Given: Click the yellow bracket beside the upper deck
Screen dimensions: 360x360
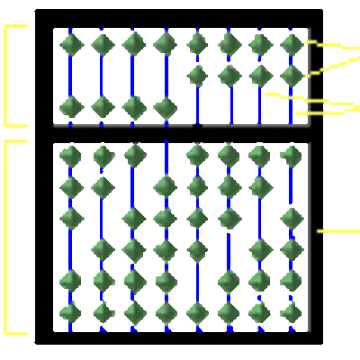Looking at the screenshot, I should pyautogui.click(x=6, y=76).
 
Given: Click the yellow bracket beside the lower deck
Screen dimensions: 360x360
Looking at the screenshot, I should pyautogui.click(x=6, y=236).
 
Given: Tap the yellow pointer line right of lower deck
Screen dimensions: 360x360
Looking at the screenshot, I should pyautogui.click(x=338, y=231).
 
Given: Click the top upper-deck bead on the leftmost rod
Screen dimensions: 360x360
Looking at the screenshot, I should pyautogui.click(x=71, y=44).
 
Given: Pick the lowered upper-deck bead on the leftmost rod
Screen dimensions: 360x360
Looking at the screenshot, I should pyautogui.click(x=71, y=107).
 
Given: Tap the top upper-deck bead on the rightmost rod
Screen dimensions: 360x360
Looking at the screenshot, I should pyautogui.click(x=291, y=44).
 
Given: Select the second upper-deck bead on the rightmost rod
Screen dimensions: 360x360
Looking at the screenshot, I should pyautogui.click(x=291, y=76).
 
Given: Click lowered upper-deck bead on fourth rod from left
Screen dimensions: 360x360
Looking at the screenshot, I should pyautogui.click(x=165, y=107).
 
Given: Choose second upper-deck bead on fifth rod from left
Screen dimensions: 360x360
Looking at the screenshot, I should pyautogui.click(x=197, y=76).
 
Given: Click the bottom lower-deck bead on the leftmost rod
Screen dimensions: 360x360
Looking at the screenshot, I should pyautogui.click(x=71, y=312).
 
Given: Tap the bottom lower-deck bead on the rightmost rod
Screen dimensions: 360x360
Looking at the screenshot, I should pyautogui.click(x=291, y=312).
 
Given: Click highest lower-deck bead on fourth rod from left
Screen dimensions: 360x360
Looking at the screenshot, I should pyautogui.click(x=165, y=186).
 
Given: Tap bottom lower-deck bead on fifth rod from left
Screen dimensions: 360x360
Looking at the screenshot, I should pyautogui.click(x=197, y=312).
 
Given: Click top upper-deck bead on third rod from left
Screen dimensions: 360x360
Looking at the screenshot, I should pyautogui.click(x=134, y=44).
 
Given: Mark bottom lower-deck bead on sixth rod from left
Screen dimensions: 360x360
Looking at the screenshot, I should pyautogui.click(x=229, y=312).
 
